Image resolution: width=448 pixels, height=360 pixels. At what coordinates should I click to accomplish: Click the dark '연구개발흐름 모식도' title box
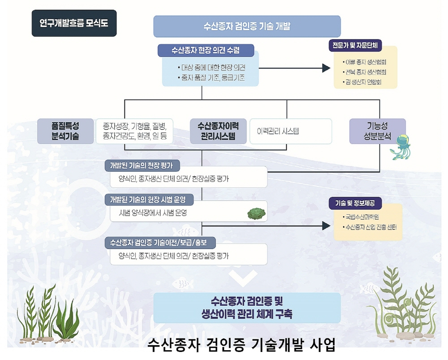pos(74,23)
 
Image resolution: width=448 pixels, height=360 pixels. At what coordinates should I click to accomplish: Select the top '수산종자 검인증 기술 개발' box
pos(247,26)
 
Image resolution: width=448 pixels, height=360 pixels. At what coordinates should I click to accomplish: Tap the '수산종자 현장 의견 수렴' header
pos(206,50)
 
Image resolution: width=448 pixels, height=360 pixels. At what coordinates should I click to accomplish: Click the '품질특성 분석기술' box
pos(65,131)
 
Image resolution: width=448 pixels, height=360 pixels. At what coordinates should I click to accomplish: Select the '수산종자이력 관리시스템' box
pos(218,131)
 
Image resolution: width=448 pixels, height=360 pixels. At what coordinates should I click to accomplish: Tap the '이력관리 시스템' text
pos(278,131)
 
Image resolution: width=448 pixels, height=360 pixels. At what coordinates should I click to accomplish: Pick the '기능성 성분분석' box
pos(377,131)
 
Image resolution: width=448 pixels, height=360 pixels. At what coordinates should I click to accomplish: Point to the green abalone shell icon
pos(257,213)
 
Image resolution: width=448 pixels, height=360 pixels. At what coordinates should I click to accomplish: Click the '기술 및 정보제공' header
pos(355,204)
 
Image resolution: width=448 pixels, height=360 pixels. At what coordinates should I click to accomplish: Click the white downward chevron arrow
pos(242,278)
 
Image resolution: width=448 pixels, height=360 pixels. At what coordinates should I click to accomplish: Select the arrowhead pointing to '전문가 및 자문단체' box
pos(326,68)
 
